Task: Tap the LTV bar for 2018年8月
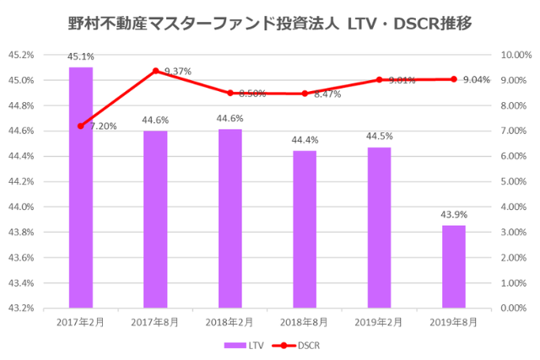tap(305, 229)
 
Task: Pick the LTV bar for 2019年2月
tap(379, 228)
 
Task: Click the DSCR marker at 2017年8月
tap(155, 71)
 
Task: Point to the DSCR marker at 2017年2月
tap(81, 126)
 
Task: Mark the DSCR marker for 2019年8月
tap(454, 79)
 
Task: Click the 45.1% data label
tap(81, 58)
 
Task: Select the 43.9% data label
tap(454, 215)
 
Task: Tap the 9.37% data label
tap(177, 72)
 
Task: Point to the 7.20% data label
tap(103, 126)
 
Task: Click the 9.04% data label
tap(477, 79)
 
